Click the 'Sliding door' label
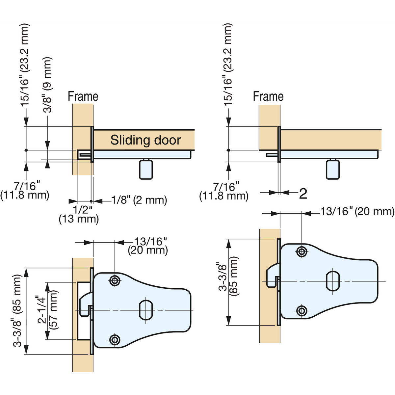[x=145, y=140]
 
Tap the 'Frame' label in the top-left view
[x=83, y=96]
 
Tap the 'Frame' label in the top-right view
[x=268, y=96]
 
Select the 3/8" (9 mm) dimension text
[x=48, y=85]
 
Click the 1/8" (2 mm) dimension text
[x=139, y=200]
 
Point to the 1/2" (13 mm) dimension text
[x=79, y=214]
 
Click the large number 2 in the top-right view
[x=303, y=194]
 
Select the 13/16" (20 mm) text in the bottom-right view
[x=357, y=211]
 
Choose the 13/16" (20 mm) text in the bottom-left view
[x=148, y=246]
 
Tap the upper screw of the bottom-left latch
[x=115, y=281]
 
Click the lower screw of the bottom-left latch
[x=115, y=339]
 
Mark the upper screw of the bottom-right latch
[x=302, y=252]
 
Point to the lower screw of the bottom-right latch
[x=302, y=310]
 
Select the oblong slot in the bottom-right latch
[x=333, y=281]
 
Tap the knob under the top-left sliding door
[x=146, y=169]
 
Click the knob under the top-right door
[x=333, y=169]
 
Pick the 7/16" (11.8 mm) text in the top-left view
[x=25, y=191]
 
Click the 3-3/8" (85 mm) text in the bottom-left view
[x=17, y=311]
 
